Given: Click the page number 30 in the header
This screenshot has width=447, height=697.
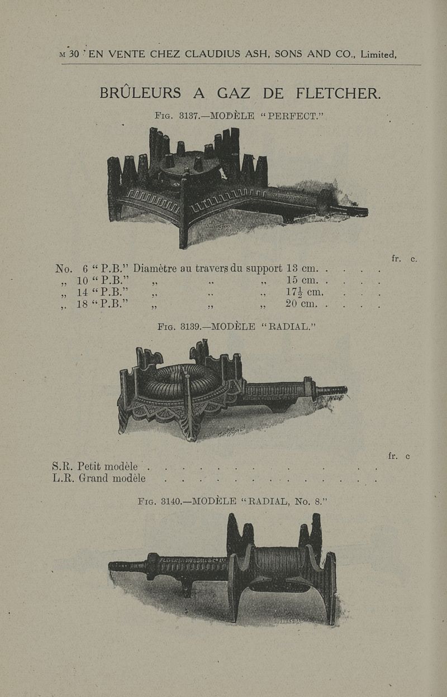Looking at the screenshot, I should [x=74, y=55].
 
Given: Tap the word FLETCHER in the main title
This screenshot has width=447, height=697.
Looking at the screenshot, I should [x=338, y=93].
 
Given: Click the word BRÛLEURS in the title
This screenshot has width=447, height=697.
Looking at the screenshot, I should [x=140, y=93].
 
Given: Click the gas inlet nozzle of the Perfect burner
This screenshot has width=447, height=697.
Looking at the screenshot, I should [x=358, y=212].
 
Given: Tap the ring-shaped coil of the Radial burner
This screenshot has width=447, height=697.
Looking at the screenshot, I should [x=179, y=380].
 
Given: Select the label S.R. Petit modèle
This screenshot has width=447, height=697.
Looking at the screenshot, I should [x=95, y=466].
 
